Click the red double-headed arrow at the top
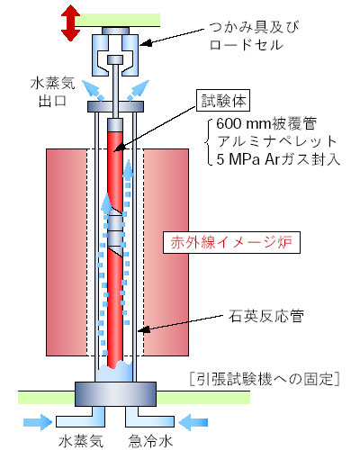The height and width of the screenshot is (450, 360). (x=70, y=23)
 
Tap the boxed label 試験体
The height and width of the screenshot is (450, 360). (x=223, y=101)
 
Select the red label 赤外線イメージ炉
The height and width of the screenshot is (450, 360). (x=231, y=242)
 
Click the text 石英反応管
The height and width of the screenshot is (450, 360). (x=266, y=316)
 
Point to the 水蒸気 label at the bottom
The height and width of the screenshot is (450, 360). (x=81, y=441)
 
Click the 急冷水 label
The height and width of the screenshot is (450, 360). (x=150, y=441)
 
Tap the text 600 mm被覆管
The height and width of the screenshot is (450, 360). (x=266, y=123)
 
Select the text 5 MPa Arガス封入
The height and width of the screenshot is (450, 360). (x=278, y=159)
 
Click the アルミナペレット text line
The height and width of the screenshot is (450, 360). (x=277, y=141)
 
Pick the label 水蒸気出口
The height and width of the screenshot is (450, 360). (x=52, y=92)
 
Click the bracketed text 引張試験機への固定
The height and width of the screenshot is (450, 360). (x=265, y=379)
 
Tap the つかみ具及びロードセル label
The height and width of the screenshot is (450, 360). (x=254, y=36)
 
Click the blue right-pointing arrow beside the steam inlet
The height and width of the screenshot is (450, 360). (x=38, y=422)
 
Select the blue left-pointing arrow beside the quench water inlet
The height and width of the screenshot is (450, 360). (x=193, y=422)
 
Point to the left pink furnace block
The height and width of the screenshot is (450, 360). (x=67, y=252)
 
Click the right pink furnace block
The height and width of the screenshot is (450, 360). (x=166, y=252)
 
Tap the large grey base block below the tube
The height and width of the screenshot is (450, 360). (x=115, y=394)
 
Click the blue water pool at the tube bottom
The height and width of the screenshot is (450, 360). (x=114, y=373)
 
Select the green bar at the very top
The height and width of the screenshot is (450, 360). (x=117, y=20)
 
